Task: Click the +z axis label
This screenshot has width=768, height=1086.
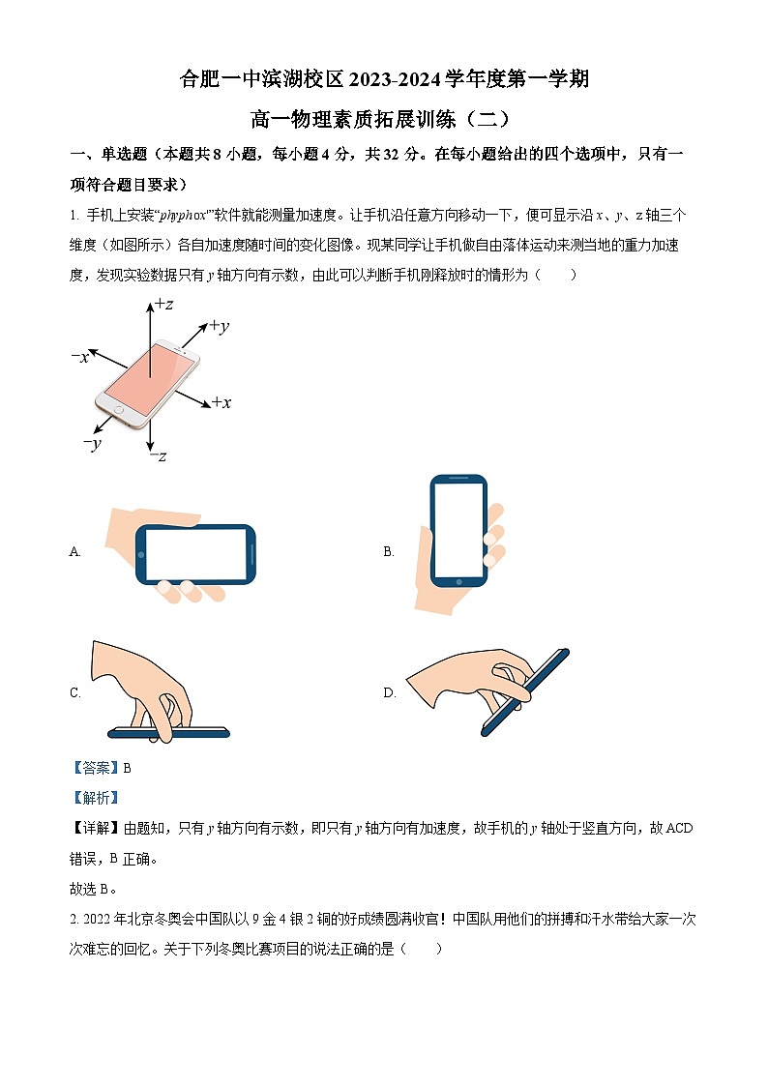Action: [x=163, y=305]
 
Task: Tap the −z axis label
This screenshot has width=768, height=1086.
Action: [x=157, y=455]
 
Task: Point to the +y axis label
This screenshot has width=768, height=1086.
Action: [x=219, y=327]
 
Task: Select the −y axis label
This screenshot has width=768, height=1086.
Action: [x=92, y=444]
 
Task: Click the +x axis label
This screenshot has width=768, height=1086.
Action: [x=221, y=402]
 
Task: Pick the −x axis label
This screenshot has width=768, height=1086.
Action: [x=80, y=357]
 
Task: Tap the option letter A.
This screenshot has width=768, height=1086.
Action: [x=74, y=552]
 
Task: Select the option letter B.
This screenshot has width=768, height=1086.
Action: [x=388, y=552]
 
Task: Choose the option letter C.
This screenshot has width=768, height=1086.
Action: [x=74, y=692]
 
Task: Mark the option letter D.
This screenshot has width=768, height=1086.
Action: [x=389, y=692]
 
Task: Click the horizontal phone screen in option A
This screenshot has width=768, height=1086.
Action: [x=197, y=555]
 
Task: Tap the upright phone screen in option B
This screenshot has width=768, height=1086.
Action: [x=458, y=529]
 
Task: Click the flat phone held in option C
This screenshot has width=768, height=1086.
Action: [x=169, y=731]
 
